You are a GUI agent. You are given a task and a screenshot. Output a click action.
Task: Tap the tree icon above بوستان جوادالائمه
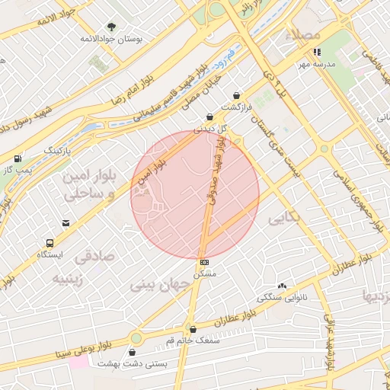[x=113, y=26]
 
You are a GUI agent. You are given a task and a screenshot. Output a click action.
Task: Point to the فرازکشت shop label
[x=236, y=106]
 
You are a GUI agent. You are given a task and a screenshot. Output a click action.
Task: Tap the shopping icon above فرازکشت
[x=237, y=95]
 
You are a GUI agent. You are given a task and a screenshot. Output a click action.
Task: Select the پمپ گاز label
[x=16, y=169]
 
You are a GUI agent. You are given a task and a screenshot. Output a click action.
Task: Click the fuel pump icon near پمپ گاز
[x=17, y=158]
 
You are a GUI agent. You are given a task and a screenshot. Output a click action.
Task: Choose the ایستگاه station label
[x=51, y=254]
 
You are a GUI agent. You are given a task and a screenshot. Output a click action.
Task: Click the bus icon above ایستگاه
[x=50, y=244]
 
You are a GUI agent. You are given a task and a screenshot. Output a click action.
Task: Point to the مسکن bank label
[x=205, y=272]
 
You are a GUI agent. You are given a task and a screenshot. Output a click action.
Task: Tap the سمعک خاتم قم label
[x=192, y=340]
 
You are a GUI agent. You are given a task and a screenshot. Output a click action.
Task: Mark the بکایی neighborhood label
[x=284, y=219]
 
